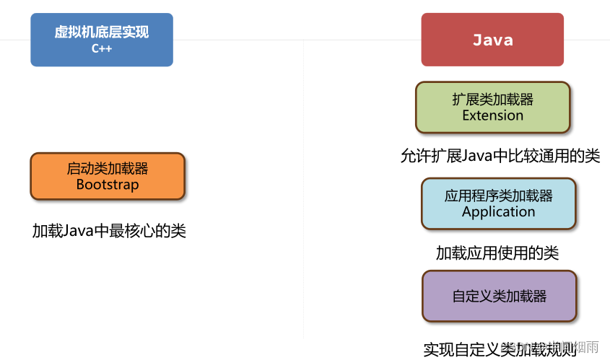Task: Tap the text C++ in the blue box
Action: tap(102, 49)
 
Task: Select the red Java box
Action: tap(492, 40)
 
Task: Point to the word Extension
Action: tap(493, 115)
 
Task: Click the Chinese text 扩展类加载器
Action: tap(493, 100)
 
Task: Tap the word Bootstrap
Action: tap(108, 184)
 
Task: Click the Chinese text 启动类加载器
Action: tap(108, 169)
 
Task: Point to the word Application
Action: tap(499, 211)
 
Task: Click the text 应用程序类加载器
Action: tap(499, 196)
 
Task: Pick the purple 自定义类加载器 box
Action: tap(499, 296)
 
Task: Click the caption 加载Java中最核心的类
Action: tap(109, 231)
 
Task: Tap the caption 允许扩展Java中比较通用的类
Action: tap(500, 156)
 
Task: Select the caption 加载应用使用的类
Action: tap(497, 253)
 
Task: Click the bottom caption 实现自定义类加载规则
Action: tap(500, 350)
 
